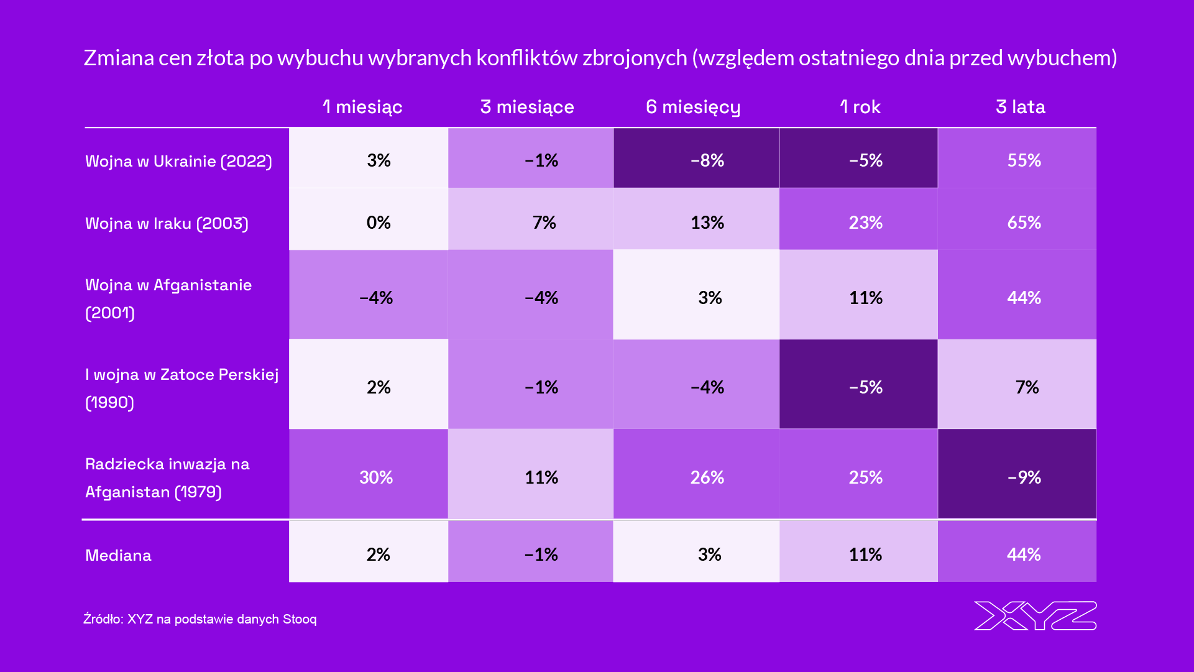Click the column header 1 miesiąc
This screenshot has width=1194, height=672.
tap(362, 107)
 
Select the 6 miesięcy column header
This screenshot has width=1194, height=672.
tap(693, 107)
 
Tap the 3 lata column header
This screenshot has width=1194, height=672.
tap(1020, 107)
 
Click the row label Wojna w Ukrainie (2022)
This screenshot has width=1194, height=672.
tap(178, 161)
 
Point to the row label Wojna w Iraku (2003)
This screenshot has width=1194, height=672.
tap(167, 223)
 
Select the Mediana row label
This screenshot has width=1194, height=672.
tap(118, 555)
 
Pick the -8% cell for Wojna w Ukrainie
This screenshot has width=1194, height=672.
tap(707, 160)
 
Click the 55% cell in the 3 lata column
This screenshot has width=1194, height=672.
tap(1024, 160)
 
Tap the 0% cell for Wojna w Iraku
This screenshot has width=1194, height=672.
tap(379, 223)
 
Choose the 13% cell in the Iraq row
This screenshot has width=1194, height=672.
tap(707, 223)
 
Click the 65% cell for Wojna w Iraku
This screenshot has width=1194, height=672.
tap(1024, 223)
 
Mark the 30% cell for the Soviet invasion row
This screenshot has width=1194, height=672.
tap(376, 477)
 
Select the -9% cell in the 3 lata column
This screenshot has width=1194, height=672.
tap(1024, 477)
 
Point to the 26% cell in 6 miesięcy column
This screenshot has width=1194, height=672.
tap(707, 477)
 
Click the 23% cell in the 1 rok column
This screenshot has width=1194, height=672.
tap(866, 223)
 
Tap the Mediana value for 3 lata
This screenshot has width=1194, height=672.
tap(1024, 555)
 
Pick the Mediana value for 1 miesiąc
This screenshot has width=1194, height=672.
tap(379, 555)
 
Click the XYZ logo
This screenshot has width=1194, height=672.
tap(1035, 615)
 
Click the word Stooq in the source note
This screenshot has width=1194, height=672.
tap(300, 619)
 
